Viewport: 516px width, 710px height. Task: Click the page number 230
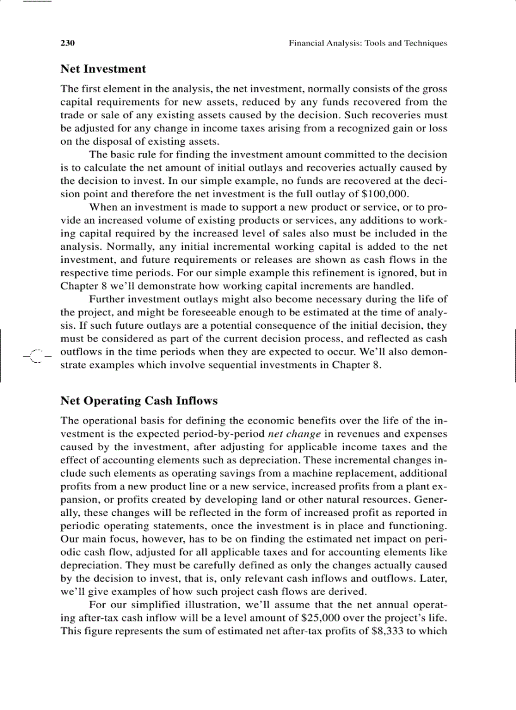pyautogui.click(x=68, y=44)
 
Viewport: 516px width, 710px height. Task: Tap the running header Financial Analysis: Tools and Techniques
pyautogui.click(x=367, y=44)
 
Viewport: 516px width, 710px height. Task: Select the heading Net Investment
pyautogui.click(x=103, y=69)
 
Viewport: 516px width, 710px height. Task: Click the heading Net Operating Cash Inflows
pyautogui.click(x=138, y=401)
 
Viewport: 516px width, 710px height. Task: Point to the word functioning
pyautogui.click(x=417, y=526)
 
